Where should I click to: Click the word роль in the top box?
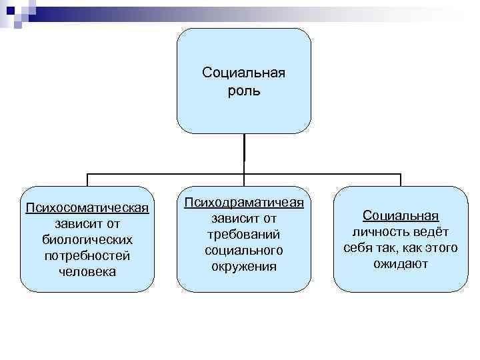(243, 90)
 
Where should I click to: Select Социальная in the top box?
(243, 73)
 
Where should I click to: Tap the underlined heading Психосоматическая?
(87, 205)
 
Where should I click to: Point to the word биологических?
(87, 239)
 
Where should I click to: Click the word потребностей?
(87, 255)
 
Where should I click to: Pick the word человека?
(87, 272)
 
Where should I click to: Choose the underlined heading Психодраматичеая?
(244, 201)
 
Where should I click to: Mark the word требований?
(244, 234)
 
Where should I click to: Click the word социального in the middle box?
(244, 250)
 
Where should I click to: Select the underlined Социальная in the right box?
(400, 215)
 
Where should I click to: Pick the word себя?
(359, 248)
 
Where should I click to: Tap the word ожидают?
(400, 264)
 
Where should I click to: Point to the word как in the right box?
(408, 248)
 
